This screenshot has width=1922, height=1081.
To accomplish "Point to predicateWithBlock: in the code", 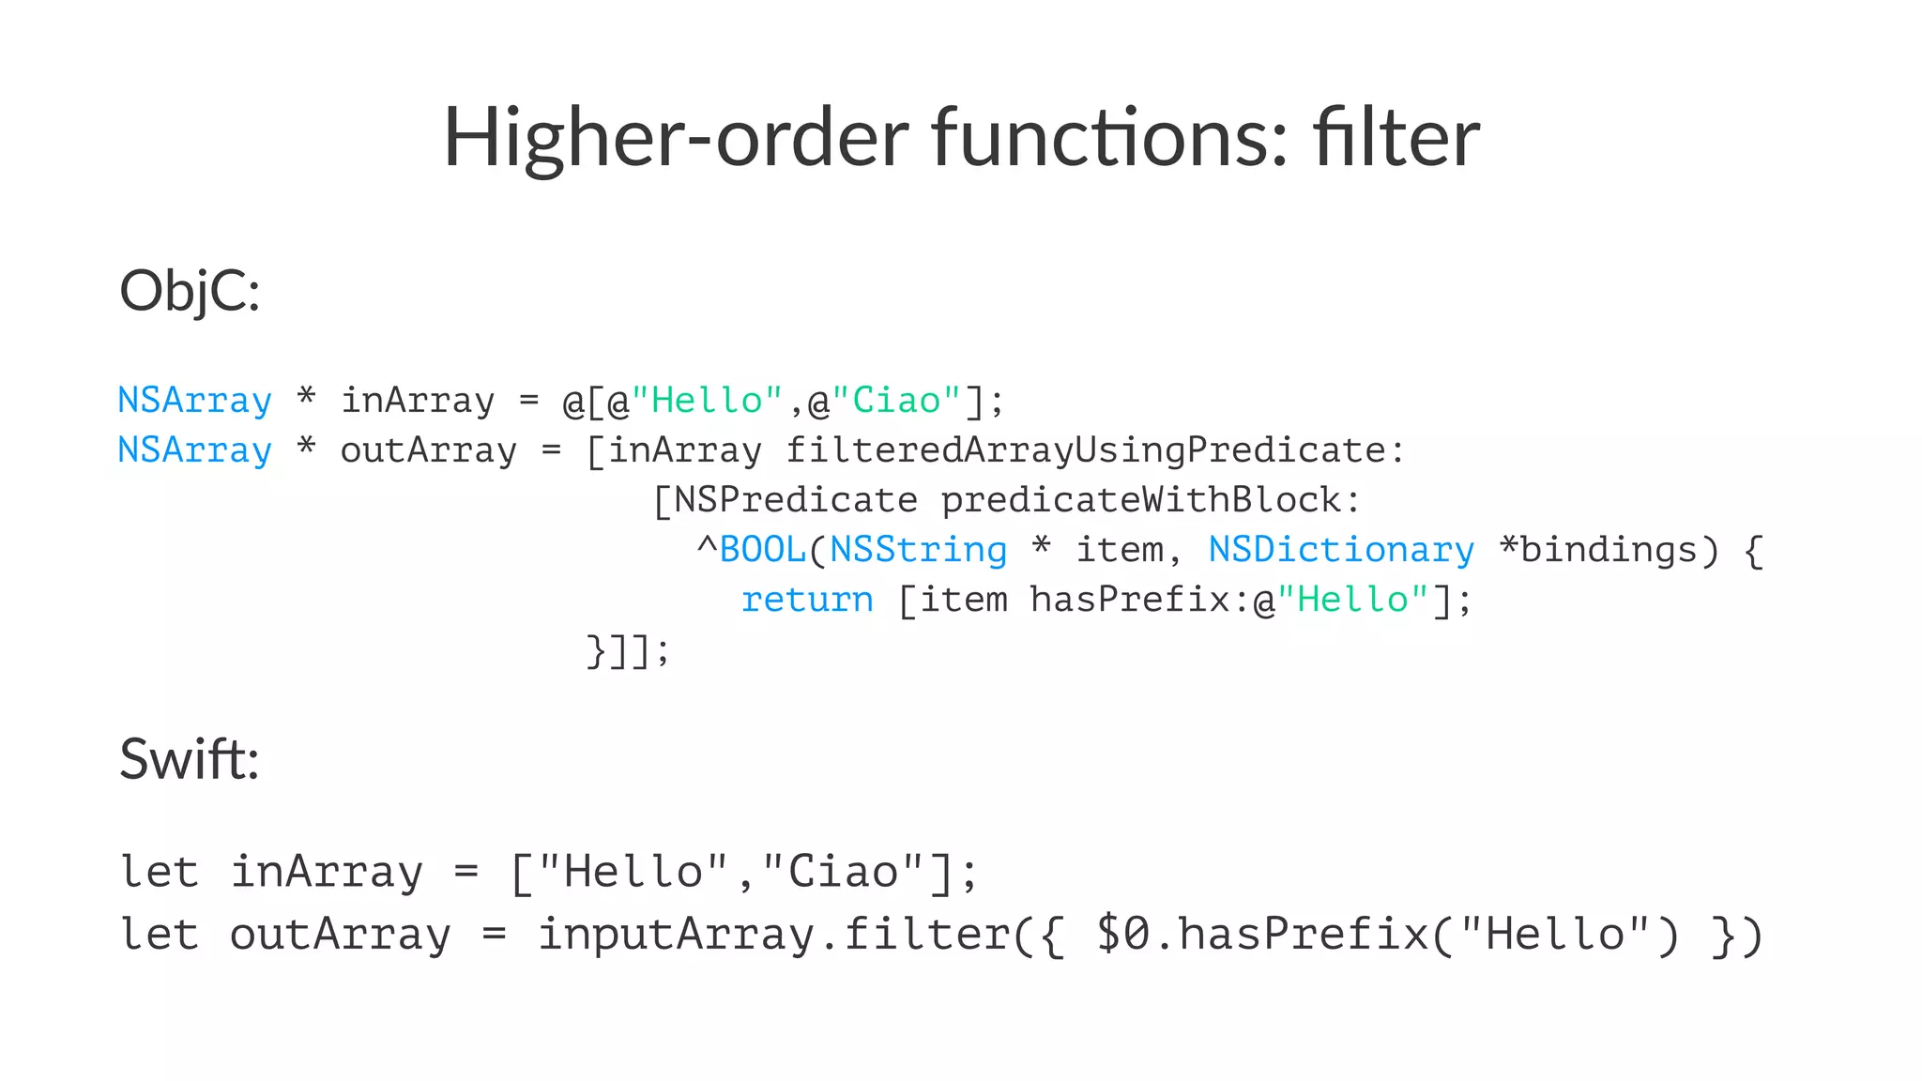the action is pyautogui.click(x=1151, y=500).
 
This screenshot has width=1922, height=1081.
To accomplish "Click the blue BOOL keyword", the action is pyautogui.click(x=762, y=550).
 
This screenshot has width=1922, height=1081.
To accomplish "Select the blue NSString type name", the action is pyautogui.click(x=918, y=550).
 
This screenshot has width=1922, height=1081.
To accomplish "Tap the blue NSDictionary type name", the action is pyautogui.click(x=1341, y=550).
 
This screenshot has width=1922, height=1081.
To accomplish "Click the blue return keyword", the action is pyautogui.click(x=807, y=600).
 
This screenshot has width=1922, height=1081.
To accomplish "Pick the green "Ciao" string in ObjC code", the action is pyautogui.click(x=896, y=401).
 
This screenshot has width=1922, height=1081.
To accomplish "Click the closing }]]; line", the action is pyautogui.click(x=628, y=649).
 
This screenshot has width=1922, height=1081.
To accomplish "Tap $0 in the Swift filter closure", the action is pyautogui.click(x=1122, y=935).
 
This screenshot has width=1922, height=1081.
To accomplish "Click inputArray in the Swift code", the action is pyautogui.click(x=676, y=935).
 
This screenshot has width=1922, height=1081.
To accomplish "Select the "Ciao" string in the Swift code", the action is pyautogui.click(x=843, y=872).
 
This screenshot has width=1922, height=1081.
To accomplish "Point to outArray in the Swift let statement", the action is pyautogui.click(x=340, y=935).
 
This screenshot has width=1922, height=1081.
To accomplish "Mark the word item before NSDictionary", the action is pyautogui.click(x=1119, y=550).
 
